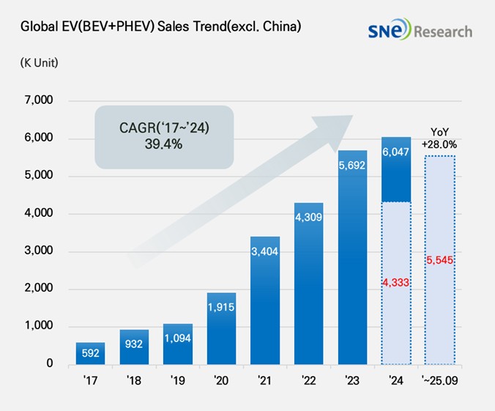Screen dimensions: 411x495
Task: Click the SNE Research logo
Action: [x=420, y=31]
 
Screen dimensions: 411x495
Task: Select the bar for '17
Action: [x=90, y=353]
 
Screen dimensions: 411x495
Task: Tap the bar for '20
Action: [x=221, y=328]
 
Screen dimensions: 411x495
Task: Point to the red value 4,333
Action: [x=396, y=283]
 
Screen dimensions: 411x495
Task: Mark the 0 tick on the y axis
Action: [x=50, y=363]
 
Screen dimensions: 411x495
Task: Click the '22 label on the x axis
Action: [x=309, y=381]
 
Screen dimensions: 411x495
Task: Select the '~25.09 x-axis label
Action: [x=440, y=381]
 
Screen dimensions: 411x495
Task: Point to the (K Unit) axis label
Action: [x=40, y=62]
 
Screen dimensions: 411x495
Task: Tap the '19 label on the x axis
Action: [x=178, y=381]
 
